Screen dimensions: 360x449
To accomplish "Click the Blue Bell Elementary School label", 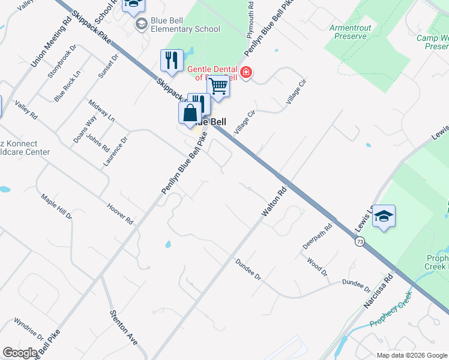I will [x=185, y=25].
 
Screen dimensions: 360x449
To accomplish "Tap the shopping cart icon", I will [x=218, y=87].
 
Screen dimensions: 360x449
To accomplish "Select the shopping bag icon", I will [x=190, y=113].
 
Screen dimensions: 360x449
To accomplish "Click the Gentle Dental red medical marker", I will [x=246, y=73].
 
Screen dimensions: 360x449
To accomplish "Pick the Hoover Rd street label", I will [x=119, y=213].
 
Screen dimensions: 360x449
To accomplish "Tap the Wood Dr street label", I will [x=318, y=267].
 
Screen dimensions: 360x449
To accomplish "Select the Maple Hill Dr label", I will [x=56, y=206].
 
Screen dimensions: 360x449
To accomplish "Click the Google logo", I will [x=20, y=352].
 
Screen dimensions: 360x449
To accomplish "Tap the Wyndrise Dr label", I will [x=29, y=329].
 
